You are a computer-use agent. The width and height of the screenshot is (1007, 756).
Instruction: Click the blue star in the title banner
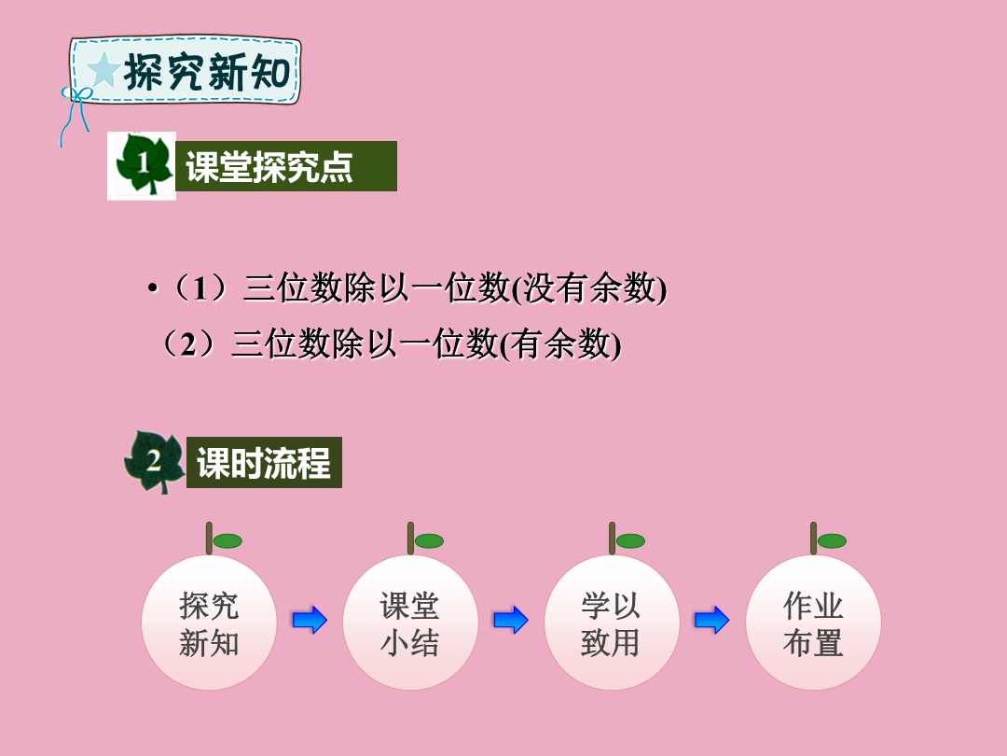pos(103,69)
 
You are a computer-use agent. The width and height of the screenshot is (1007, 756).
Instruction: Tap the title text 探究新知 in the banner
pos(207,71)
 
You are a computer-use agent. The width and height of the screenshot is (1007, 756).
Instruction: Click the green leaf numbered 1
pos(144,164)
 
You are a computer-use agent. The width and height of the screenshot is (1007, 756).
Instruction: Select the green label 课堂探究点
pos(286,166)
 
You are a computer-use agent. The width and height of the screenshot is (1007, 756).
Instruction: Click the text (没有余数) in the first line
pos(589,287)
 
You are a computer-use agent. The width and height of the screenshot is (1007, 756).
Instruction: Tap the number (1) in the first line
pos(200,287)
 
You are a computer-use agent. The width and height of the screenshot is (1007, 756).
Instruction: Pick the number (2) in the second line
pos(188,343)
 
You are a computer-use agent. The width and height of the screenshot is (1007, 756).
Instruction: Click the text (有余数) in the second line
pos(560,343)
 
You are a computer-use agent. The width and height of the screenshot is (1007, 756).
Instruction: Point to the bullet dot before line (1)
pos(152,288)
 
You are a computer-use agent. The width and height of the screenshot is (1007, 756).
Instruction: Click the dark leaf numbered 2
pos(155,462)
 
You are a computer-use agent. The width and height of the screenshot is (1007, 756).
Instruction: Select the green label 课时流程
pos(264,462)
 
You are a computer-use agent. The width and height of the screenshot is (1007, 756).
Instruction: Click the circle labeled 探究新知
pos(209,623)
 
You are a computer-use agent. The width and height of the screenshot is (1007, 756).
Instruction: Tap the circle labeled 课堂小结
pos(410,623)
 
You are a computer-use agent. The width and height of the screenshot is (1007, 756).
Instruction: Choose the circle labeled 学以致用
pos(612,623)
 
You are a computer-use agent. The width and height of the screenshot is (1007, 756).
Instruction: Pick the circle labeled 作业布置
pos(813,623)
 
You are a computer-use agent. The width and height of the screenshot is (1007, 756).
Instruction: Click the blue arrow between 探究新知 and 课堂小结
pos(310,621)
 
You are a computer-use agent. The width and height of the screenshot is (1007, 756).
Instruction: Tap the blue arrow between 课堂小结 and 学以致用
pos(511,621)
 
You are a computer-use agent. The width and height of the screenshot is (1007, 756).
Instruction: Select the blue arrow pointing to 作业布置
pos(712,621)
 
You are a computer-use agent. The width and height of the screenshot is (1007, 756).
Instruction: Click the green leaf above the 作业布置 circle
pos(832,541)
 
